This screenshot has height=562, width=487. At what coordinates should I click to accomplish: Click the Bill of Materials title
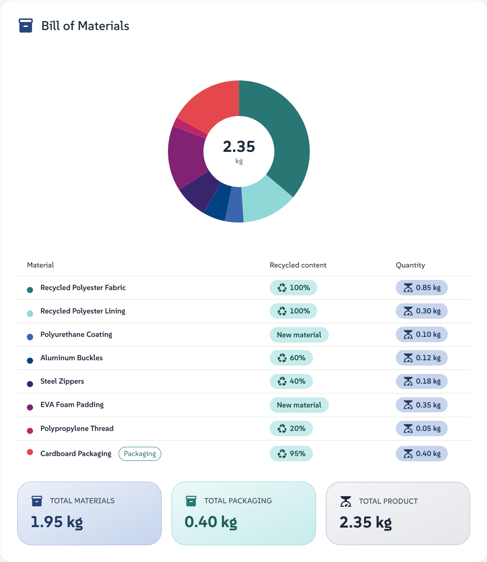click(85, 26)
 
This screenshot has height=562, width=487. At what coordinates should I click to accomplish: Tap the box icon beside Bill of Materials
click(26, 26)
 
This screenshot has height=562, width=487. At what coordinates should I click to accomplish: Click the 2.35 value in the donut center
click(239, 147)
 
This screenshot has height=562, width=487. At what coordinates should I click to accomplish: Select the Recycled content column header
click(298, 265)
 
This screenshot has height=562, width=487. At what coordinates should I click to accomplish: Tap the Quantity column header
click(410, 265)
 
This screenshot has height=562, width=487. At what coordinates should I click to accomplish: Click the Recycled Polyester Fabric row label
click(83, 288)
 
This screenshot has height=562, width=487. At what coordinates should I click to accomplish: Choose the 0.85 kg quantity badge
click(422, 288)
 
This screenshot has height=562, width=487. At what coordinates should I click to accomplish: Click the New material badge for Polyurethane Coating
click(299, 335)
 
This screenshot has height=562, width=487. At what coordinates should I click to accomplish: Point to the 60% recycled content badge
click(291, 358)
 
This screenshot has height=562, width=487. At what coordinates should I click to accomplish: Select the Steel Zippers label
click(62, 381)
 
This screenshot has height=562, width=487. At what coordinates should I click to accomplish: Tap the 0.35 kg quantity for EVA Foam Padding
click(422, 405)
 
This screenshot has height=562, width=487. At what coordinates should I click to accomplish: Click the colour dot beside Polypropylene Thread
click(30, 431)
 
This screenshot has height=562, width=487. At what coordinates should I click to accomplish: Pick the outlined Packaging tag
click(140, 454)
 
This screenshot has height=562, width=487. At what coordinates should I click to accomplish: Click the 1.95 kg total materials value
click(57, 522)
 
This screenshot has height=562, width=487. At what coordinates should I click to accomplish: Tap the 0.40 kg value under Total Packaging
click(211, 522)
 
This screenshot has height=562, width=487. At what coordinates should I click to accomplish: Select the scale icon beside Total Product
click(346, 502)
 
